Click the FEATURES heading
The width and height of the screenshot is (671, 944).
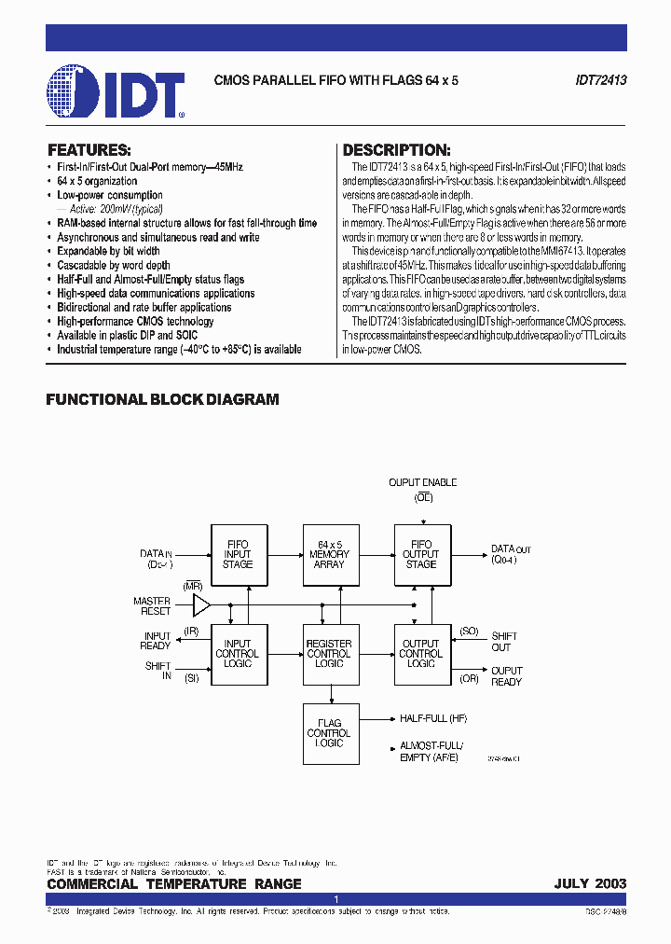(x=89, y=150)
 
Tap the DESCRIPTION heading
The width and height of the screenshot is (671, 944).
(x=396, y=150)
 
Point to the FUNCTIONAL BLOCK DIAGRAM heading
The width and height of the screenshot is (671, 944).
(x=162, y=399)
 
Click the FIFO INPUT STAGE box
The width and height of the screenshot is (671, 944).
(x=238, y=554)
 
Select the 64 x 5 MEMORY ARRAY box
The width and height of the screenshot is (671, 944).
(x=329, y=554)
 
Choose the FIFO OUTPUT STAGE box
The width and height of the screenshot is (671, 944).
(x=421, y=554)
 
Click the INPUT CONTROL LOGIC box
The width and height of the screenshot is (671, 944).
(x=238, y=653)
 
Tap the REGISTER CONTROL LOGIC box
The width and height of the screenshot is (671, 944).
(x=329, y=653)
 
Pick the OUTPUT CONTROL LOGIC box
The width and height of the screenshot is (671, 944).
(x=421, y=653)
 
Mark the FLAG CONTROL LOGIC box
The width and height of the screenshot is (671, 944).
(x=329, y=733)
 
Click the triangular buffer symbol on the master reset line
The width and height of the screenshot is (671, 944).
(x=201, y=606)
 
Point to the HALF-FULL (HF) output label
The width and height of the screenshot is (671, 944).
(x=433, y=718)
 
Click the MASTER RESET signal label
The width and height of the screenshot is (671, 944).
(x=152, y=606)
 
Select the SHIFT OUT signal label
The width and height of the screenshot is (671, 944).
(x=503, y=642)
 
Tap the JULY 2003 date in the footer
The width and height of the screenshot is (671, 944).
(x=590, y=883)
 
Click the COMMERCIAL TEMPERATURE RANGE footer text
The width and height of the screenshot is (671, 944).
(x=174, y=883)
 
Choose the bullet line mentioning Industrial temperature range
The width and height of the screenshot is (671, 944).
(x=179, y=349)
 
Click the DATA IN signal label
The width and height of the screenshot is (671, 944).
(x=157, y=554)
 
